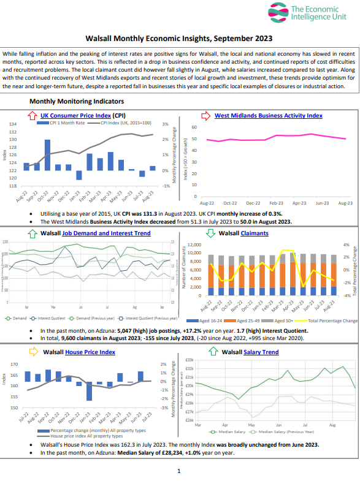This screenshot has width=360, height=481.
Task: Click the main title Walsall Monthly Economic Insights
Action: pyautogui.click(x=179, y=38)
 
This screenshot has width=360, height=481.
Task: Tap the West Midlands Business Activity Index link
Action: pyautogui.click(x=268, y=115)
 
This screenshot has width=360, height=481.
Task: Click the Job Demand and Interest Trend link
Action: pyautogui.click(x=106, y=233)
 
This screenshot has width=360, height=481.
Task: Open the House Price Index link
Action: pyautogui.click(x=90, y=352)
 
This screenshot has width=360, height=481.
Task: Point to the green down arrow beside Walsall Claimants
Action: pyautogui.click(x=210, y=233)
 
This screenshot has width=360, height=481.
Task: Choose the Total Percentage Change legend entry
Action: pyautogui.click(x=332, y=320)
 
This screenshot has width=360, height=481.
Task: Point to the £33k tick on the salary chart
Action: pyautogui.click(x=189, y=360)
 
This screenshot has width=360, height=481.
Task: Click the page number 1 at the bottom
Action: pyautogui.click(x=178, y=471)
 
